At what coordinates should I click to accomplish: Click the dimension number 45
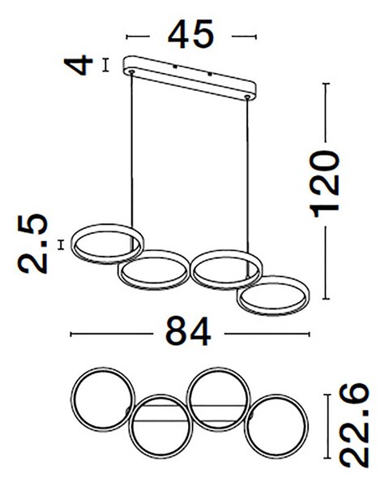pyautogui.click(x=190, y=34)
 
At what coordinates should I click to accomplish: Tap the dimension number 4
pyautogui.click(x=79, y=65)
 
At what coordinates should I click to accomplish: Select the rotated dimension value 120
pyautogui.click(x=324, y=184)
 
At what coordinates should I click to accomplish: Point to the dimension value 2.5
pyautogui.click(x=32, y=243)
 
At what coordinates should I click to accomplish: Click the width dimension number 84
pyautogui.click(x=188, y=331)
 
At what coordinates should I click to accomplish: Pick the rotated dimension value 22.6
pyautogui.click(x=354, y=425)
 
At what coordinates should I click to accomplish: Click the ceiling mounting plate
pyautogui.click(x=190, y=78)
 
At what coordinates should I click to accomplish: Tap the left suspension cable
pyautogui.click(x=132, y=149)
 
